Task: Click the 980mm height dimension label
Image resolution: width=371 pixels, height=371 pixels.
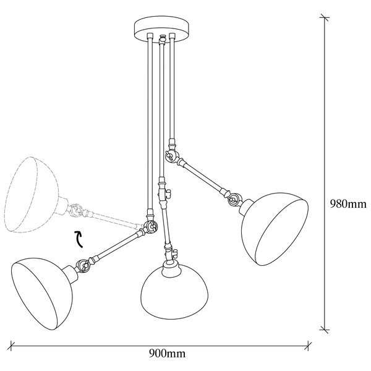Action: [x=348, y=204]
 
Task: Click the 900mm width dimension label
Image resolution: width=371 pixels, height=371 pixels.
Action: [x=168, y=354]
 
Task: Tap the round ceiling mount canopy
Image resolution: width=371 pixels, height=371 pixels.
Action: [x=162, y=29]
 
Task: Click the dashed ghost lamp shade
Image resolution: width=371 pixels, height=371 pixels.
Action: [x=31, y=194]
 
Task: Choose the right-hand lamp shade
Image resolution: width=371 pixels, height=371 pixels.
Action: [x=275, y=229]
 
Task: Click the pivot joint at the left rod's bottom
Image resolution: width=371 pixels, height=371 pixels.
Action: [x=150, y=227]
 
